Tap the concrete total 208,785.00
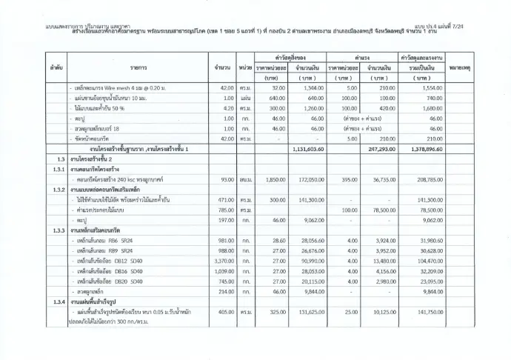pyautogui.click(x=424, y=180)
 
